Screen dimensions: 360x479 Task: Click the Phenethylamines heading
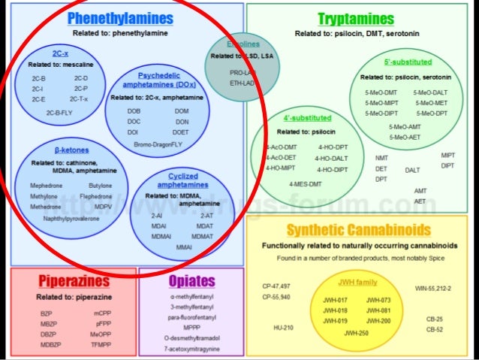pos(120,18)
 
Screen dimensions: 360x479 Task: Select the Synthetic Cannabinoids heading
pos(358,230)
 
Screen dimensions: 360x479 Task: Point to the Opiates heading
pos(191,282)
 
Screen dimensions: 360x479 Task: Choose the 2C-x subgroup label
pos(62,54)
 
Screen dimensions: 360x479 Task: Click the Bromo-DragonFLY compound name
pos(158,144)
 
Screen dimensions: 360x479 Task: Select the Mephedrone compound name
pos(47,185)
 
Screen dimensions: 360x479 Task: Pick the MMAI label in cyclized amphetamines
pos(183,247)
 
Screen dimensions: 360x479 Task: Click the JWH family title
pos(358,282)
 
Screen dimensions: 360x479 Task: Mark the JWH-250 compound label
pos(357,332)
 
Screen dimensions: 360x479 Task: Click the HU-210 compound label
pos(283,327)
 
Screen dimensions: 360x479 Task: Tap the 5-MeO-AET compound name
pos(405,138)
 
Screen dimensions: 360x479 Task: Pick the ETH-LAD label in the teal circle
pos(242,82)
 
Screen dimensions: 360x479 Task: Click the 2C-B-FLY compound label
pos(61,112)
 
